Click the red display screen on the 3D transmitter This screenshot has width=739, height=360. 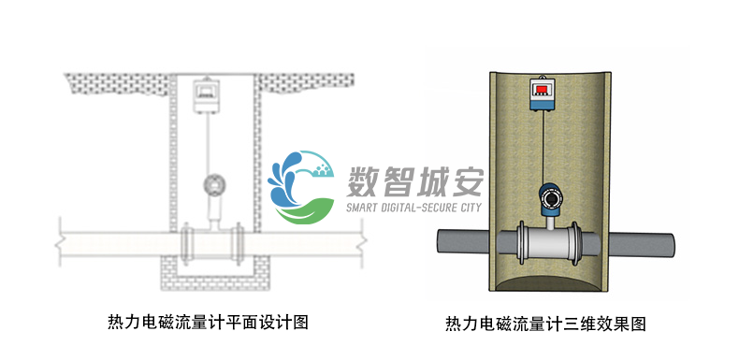pyautogui.click(x=543, y=90)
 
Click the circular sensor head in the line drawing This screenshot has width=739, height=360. pyautogui.click(x=215, y=183)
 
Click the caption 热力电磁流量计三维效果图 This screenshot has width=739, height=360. pyautogui.click(x=545, y=324)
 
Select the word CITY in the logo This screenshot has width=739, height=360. pyautogui.click(x=466, y=206)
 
